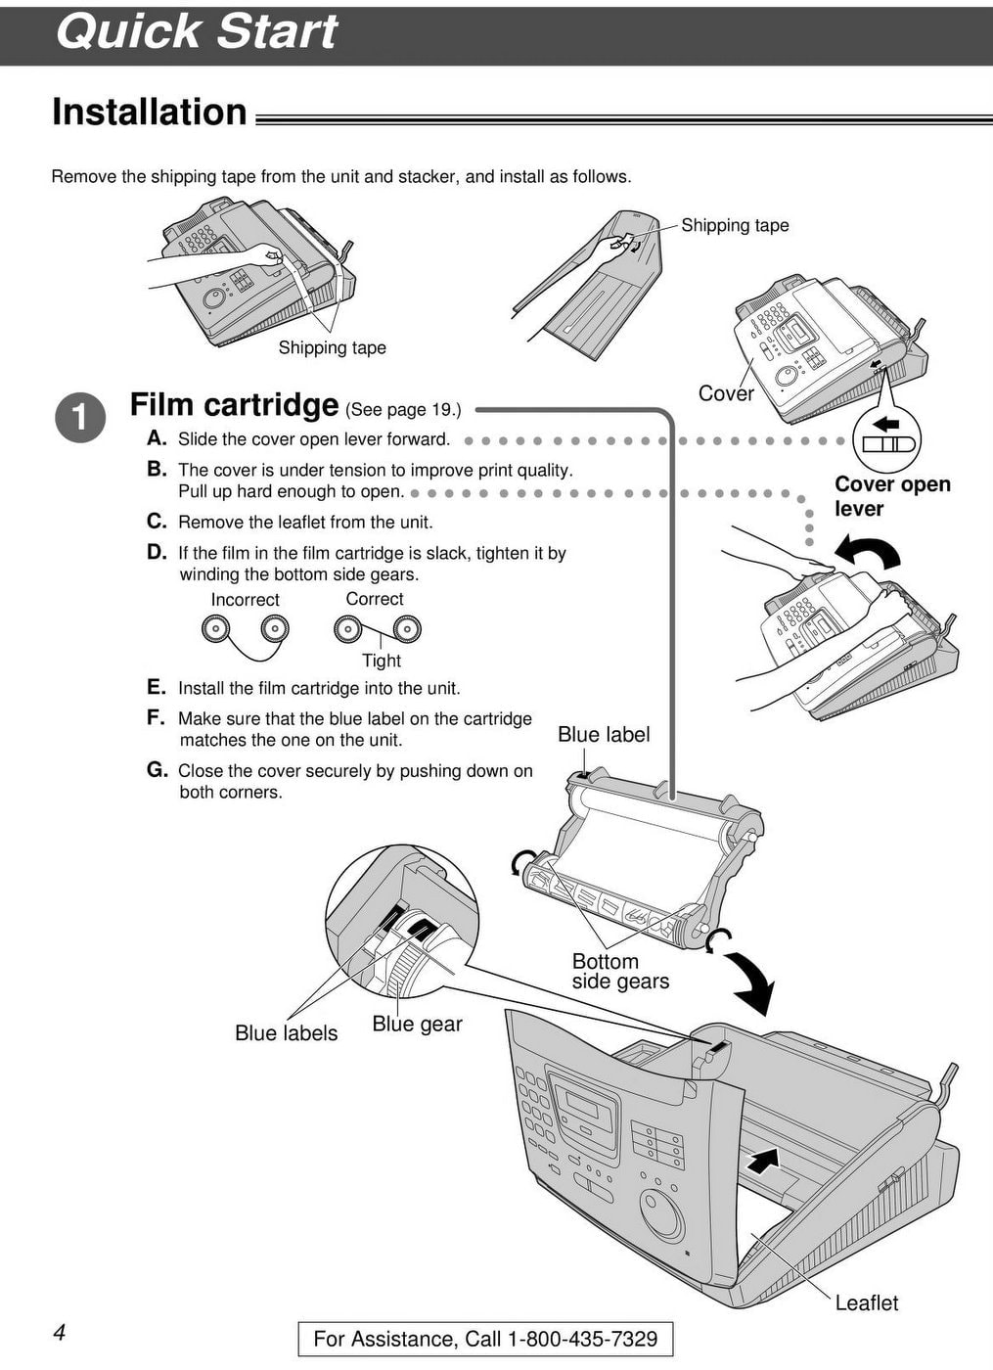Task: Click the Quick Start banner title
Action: (196, 31)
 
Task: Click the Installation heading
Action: (149, 113)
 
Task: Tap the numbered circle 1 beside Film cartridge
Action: (80, 418)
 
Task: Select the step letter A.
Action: (157, 438)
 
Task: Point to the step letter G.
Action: (157, 770)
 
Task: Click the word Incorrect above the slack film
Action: (245, 600)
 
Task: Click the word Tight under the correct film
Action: (382, 661)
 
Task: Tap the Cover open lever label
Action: (891, 496)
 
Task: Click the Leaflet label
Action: (866, 1302)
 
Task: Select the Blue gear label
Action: (417, 1025)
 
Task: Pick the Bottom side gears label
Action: (620, 972)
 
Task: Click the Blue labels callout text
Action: (286, 1033)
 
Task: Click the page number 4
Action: (60, 1333)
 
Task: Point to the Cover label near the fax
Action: (725, 393)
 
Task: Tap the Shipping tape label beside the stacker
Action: (735, 225)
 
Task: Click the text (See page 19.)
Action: (402, 409)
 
